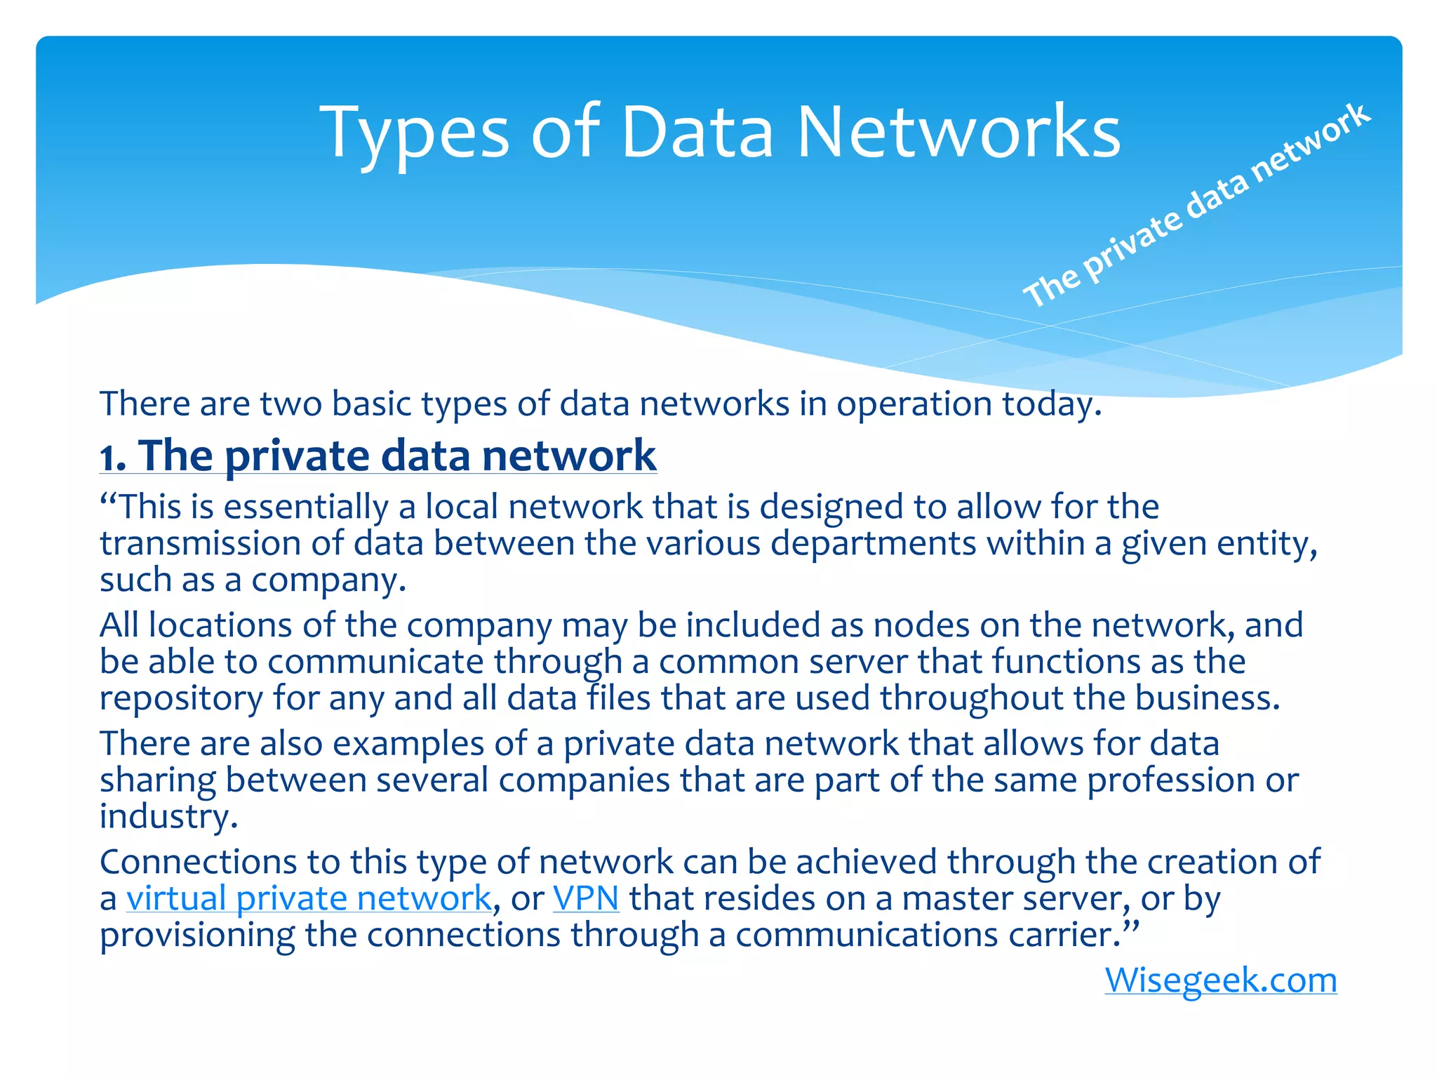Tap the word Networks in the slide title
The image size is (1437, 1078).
pos(958,132)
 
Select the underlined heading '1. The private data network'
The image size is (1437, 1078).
pos(378,456)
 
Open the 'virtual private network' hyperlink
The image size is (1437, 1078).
pos(309,898)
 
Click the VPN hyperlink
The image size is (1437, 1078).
pos(586,898)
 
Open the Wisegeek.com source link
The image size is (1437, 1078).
pos(1220,980)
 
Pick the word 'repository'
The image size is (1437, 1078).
pos(181,698)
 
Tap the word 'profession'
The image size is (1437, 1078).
pos(1171,780)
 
